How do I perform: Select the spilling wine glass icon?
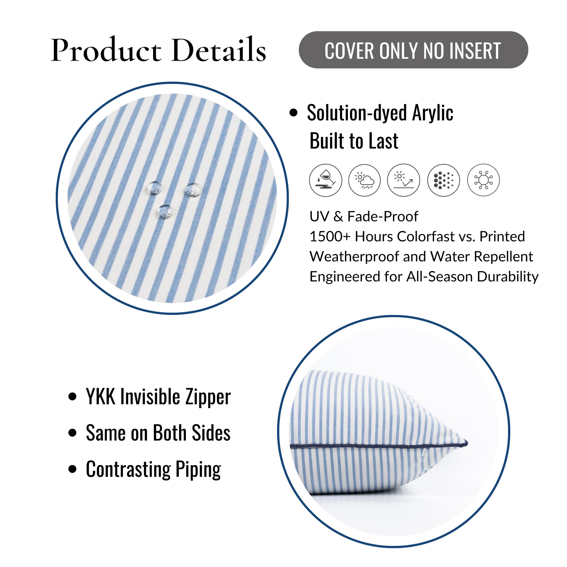click(325, 180)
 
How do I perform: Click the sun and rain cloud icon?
click(365, 180)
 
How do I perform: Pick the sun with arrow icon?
click(403, 180)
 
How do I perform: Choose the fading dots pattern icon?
click(443, 180)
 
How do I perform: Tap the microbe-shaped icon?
click(483, 180)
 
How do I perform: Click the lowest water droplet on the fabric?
click(165, 211)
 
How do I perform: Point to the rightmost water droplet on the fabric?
click(193, 189)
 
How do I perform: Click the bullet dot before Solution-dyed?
click(293, 113)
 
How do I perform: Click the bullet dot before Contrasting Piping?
click(72, 469)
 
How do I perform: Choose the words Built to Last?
click(354, 141)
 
